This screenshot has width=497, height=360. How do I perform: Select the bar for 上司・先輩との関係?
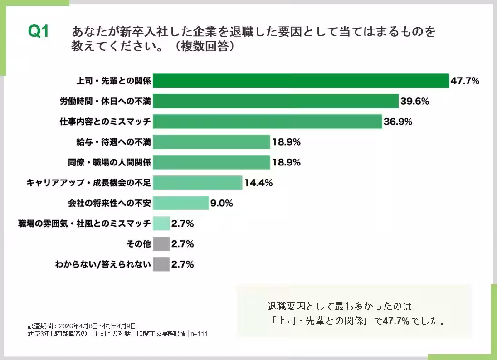point(301,81)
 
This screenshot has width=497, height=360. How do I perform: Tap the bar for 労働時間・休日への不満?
point(275,101)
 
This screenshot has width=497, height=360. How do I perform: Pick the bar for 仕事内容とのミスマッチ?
point(267,122)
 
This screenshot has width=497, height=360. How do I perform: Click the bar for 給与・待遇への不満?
point(211,142)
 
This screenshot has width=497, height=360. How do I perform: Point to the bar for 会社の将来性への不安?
point(180,203)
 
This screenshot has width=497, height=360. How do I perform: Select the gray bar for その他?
point(161,244)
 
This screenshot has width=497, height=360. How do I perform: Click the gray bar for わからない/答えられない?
point(161,264)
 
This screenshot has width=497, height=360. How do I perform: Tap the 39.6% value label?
point(414,101)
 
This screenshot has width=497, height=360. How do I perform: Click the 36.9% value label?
point(398,122)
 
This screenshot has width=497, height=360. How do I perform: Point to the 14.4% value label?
point(258,183)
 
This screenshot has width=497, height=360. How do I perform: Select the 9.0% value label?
point(221,203)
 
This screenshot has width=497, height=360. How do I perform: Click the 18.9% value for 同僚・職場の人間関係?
point(286,162)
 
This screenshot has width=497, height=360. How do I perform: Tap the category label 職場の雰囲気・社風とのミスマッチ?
point(84,224)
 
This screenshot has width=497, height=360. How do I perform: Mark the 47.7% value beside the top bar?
point(465,81)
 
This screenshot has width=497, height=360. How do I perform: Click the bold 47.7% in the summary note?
point(396,321)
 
